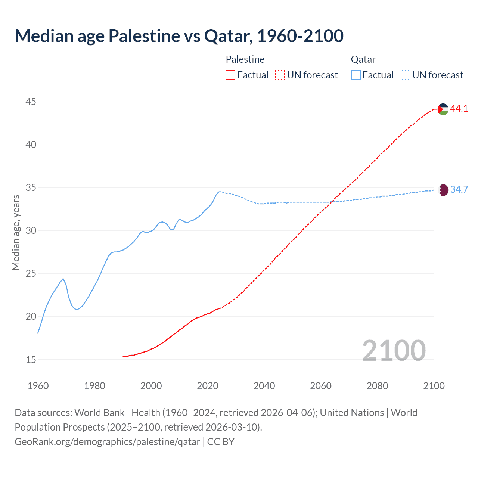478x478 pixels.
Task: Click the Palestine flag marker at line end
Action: pyautogui.click(x=443, y=109)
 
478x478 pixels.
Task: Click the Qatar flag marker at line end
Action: pyautogui.click(x=443, y=190)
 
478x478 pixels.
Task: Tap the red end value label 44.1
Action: pyautogui.click(x=459, y=109)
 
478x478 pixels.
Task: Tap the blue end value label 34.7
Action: pyautogui.click(x=459, y=190)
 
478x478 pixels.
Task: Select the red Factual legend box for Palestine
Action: pyautogui.click(x=230, y=75)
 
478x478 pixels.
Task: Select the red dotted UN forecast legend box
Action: pyautogui.click(x=280, y=75)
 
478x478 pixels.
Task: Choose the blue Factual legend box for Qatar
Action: pyautogui.click(x=356, y=75)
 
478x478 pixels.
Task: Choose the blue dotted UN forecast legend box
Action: pyautogui.click(x=405, y=75)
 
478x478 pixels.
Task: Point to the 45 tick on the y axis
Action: pyautogui.click(x=31, y=102)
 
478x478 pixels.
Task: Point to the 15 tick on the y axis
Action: pyautogui.click(x=31, y=360)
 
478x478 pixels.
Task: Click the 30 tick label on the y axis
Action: pyautogui.click(x=31, y=231)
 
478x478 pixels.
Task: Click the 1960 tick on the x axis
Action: pyautogui.click(x=38, y=386)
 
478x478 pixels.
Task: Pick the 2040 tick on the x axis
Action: pyautogui.click(x=264, y=386)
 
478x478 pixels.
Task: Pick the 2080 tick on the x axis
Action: pyautogui.click(x=377, y=386)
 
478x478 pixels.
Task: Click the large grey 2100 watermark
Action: pyautogui.click(x=394, y=350)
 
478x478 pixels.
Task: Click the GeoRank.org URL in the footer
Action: pyautogui.click(x=107, y=442)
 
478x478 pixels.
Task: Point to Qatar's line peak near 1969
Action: pyautogui.click(x=63, y=279)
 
